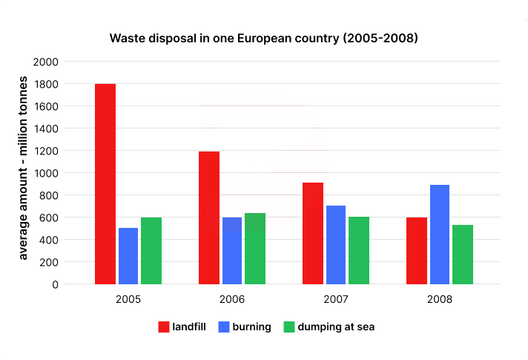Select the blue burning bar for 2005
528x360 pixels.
[128, 256]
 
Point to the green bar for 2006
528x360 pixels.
[255, 249]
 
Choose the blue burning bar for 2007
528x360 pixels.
[336, 245]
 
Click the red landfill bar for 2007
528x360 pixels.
[313, 233]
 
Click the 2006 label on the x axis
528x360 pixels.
[232, 301]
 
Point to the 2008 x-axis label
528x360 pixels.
[440, 301]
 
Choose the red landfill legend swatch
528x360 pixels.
[165, 327]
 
